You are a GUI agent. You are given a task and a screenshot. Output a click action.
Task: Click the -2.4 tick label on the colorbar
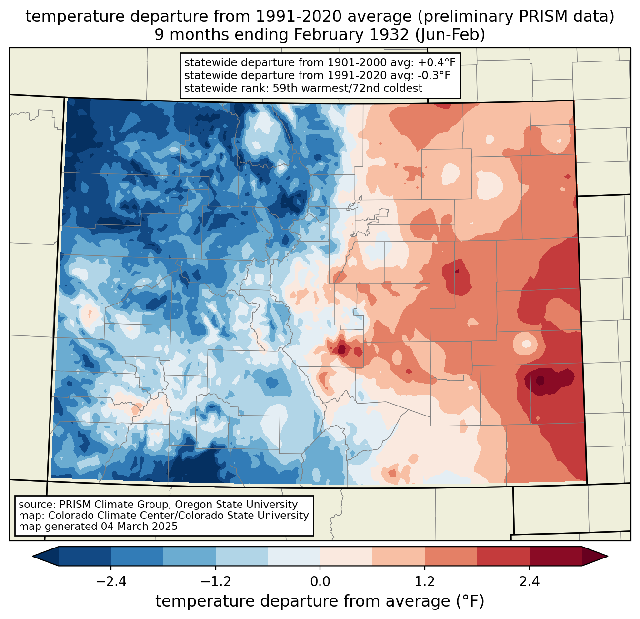click(111, 582)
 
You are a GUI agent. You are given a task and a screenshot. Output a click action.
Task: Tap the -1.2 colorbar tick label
click(215, 582)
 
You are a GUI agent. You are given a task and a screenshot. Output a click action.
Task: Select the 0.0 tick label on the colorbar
click(320, 582)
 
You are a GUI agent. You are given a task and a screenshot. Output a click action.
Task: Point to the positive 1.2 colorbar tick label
click(425, 582)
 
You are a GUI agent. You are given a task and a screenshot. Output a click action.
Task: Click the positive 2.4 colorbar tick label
click(529, 582)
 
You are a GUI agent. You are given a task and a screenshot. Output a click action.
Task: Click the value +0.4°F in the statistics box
click(437, 63)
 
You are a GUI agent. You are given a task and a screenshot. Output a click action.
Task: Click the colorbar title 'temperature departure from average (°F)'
click(320, 601)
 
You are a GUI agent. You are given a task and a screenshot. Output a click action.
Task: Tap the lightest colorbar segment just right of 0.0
click(346, 556)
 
